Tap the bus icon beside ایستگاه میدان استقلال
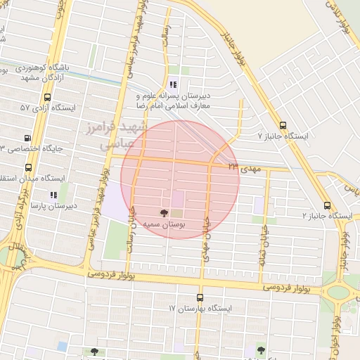tap(29, 168)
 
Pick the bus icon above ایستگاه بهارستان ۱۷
tap(200, 297)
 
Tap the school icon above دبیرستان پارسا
tap(53, 195)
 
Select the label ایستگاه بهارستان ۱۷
tap(200, 308)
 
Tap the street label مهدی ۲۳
tap(243, 168)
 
